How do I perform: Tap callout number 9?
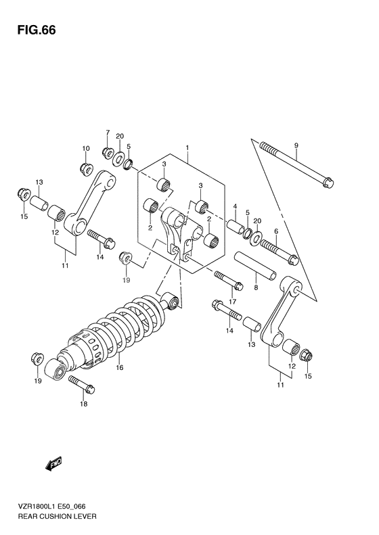[x=296, y=145]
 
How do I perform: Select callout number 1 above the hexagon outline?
[x=187, y=147]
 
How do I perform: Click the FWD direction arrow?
[x=53, y=464]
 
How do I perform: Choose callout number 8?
[x=256, y=287]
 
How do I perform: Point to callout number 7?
[x=107, y=133]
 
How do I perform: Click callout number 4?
[x=234, y=207]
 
